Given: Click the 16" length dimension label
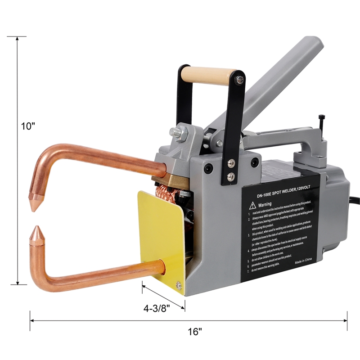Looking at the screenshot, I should pos(194,332).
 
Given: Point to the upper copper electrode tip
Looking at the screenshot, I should pos(34,203).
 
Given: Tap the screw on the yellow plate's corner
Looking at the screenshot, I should pos(179,284).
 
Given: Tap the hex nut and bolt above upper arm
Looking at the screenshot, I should pos(177,132).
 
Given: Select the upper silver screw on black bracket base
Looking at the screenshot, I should pos(232,164).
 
